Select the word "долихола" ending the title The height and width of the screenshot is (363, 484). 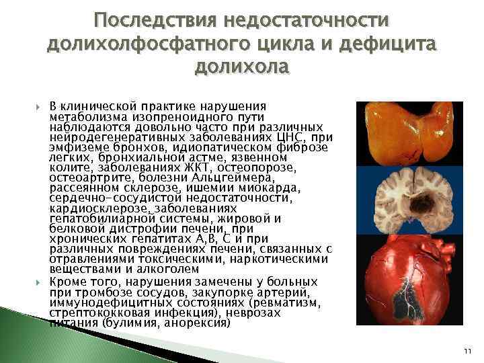241,67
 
